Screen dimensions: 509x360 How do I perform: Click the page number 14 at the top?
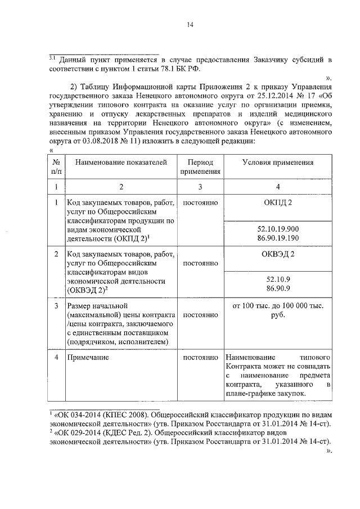190,25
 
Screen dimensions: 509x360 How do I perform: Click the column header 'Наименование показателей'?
121,162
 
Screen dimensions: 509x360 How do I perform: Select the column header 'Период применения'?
200,167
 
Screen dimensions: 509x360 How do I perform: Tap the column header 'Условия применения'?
277,162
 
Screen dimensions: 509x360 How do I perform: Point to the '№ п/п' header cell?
56,167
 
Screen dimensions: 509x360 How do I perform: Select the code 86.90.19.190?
278,238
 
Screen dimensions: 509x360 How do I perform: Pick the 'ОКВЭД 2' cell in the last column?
278,254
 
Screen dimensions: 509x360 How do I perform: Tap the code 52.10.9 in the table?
278,280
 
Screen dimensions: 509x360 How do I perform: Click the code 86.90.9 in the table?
278,289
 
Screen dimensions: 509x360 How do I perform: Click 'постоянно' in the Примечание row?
200,357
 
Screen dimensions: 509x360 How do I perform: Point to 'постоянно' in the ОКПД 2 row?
200,202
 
